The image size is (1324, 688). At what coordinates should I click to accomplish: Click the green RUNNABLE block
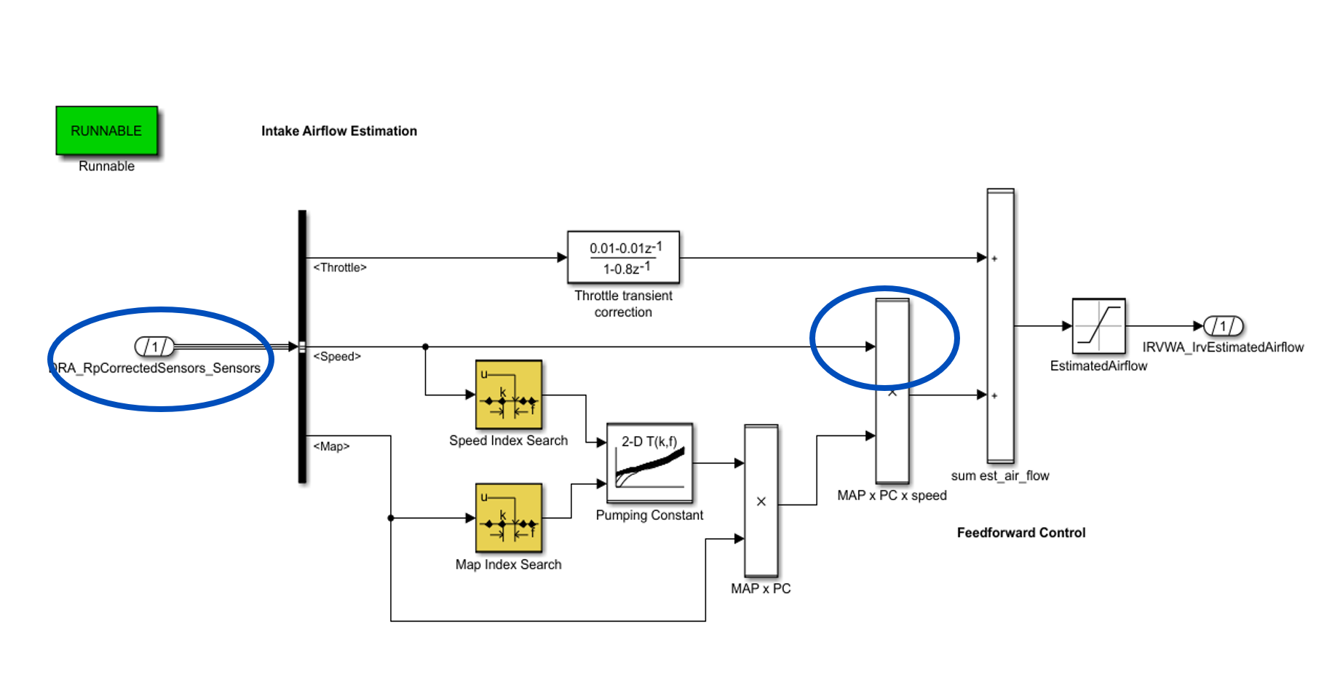pos(106,130)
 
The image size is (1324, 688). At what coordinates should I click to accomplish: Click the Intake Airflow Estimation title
pos(339,131)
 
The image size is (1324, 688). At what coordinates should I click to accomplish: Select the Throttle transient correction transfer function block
pos(623,258)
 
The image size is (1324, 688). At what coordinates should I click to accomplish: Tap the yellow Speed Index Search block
pos(509,395)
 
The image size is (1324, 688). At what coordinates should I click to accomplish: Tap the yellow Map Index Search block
pos(509,518)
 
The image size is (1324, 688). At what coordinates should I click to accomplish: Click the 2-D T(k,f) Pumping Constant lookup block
pos(649,463)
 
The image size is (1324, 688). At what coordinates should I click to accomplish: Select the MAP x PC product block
pos(761,501)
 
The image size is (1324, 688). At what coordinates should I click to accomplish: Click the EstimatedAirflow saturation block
pos(1098,325)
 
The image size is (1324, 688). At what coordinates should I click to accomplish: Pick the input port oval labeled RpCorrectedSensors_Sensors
pos(154,347)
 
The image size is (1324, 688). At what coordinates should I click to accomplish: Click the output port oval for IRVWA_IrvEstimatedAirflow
pos(1223,325)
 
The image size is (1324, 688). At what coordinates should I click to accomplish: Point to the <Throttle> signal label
pos(340,268)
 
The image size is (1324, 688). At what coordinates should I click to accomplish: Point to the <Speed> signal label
pos(337,357)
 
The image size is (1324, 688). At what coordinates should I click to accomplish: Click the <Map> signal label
pos(331,446)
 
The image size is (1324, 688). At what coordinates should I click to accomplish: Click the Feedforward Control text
pos(1020,533)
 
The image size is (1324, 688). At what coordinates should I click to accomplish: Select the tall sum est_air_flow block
pos(1000,325)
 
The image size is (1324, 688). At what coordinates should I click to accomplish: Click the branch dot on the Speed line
pos(426,347)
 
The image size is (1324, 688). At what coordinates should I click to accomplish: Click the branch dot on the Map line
pos(391,518)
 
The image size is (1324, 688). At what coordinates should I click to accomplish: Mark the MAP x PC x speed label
pos(892,496)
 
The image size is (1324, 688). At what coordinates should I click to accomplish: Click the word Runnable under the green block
pos(106,166)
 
